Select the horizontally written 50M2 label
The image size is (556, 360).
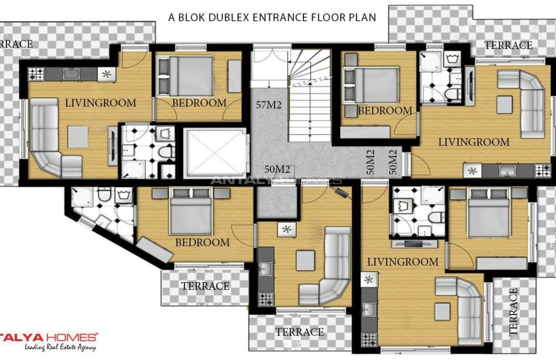point(278,169)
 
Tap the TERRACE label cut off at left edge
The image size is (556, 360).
point(12,44)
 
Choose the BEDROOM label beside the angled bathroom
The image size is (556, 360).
point(202,242)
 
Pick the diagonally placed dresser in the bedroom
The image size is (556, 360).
point(154,249)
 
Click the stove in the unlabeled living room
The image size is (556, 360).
point(265,300)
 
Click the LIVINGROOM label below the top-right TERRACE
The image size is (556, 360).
point(474,141)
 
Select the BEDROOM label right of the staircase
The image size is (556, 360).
point(385,111)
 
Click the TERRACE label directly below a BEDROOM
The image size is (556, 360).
point(205,286)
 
